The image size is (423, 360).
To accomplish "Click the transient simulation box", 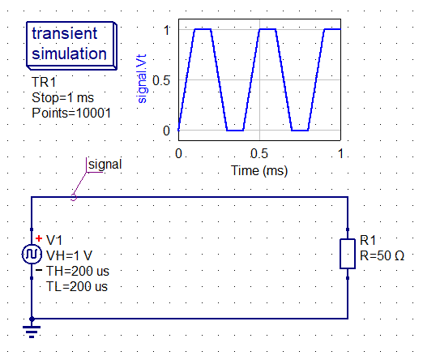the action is (71, 45).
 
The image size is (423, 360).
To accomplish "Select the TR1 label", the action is (44, 82).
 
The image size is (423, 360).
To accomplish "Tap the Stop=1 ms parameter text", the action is (62, 97).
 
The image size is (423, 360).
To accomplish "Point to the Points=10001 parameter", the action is (71, 113).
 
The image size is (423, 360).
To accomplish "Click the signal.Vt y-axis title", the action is (142, 79).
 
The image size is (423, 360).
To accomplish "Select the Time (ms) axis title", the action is (259, 171).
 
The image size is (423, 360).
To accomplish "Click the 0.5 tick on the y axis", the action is (161, 80).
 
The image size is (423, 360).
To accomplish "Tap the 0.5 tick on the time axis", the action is (259, 154).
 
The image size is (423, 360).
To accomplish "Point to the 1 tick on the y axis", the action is (167, 30).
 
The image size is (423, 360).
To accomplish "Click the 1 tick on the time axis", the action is (340, 154).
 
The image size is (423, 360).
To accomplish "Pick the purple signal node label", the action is (105, 165).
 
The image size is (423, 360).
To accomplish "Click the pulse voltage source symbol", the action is (32, 254).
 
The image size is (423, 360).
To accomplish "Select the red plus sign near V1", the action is (39, 238).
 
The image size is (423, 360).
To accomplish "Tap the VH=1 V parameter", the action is (69, 255).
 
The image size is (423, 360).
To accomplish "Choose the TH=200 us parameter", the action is (78, 271).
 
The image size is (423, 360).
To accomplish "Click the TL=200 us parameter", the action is (77, 286).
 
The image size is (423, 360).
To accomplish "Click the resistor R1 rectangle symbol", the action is (348, 254).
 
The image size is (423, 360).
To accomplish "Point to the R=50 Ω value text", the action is (382, 255).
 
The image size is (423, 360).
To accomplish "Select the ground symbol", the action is (32, 328).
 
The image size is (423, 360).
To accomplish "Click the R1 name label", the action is (368, 240).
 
